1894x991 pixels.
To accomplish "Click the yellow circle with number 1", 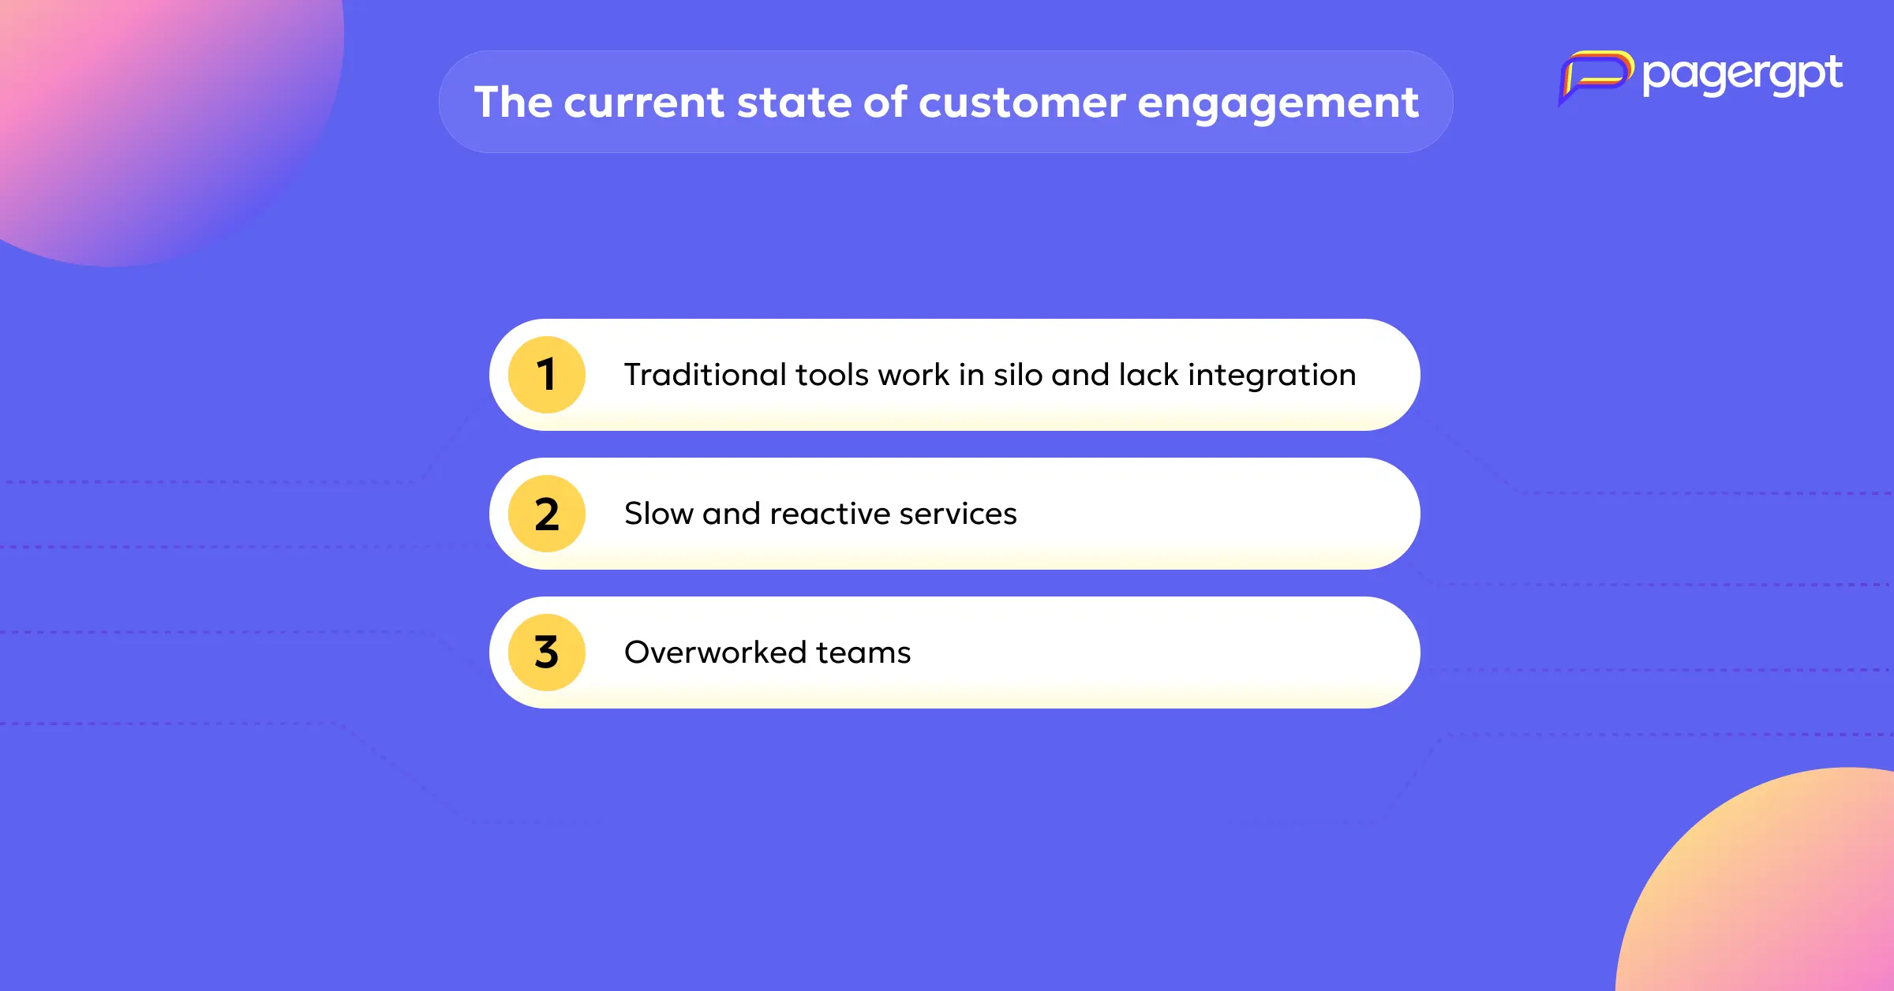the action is click(x=547, y=375).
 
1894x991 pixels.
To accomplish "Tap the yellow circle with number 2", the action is click(x=547, y=514).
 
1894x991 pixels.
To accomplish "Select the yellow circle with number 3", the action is click(x=547, y=653).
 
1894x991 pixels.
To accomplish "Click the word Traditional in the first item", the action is click(x=706, y=375).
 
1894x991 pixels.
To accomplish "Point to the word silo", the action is click(x=1018, y=375).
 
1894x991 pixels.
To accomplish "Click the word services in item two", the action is click(x=958, y=514).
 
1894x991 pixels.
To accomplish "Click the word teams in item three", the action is click(x=863, y=653).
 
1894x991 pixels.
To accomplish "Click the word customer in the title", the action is click(x=1022, y=103).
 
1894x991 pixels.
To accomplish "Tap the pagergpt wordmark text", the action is click(x=1742, y=77).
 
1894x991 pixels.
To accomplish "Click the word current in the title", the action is click(x=644, y=103).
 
